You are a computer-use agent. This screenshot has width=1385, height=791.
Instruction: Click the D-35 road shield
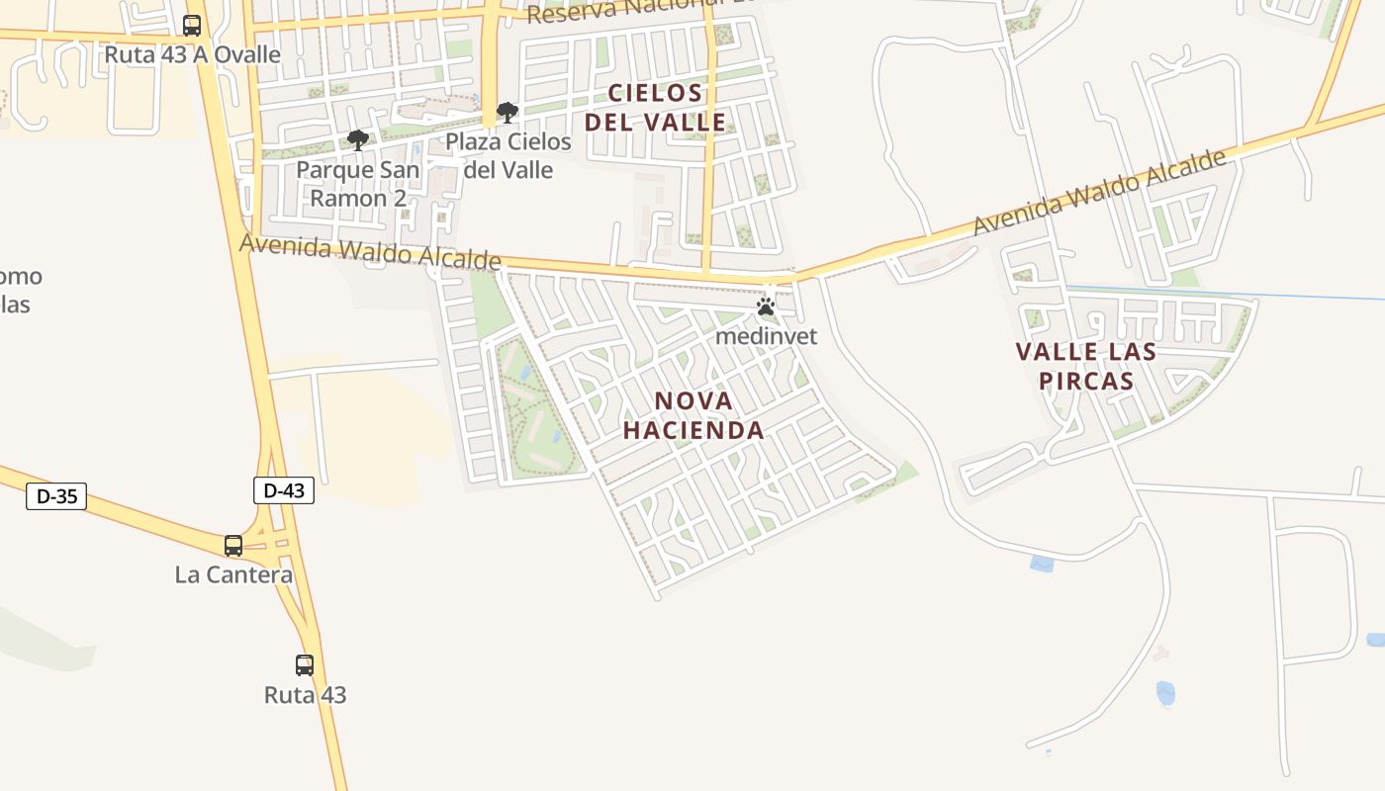(56, 496)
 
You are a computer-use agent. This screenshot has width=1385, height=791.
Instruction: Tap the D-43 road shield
(284, 490)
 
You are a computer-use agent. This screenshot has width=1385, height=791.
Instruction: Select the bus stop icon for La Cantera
(233, 545)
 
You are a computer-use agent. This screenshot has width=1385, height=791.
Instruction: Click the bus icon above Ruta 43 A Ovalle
(192, 26)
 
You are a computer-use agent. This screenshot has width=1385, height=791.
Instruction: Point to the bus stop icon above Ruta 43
(305, 664)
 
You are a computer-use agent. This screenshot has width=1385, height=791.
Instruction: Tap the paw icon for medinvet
(766, 308)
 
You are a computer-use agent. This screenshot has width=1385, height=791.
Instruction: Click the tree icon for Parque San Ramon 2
(358, 140)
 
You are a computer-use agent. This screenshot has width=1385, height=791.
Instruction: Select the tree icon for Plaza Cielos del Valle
(508, 113)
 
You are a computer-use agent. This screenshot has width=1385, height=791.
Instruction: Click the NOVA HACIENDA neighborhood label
(707, 415)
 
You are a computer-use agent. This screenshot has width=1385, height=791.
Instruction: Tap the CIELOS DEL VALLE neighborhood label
(655, 108)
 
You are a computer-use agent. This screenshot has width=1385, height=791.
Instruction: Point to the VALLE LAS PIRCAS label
(1086, 366)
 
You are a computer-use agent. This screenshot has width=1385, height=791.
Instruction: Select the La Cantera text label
(233, 574)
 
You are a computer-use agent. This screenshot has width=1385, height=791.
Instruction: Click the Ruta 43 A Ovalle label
(193, 54)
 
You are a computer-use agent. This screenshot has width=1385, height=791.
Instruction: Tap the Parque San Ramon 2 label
(358, 184)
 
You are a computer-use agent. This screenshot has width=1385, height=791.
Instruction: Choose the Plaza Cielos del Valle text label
(508, 155)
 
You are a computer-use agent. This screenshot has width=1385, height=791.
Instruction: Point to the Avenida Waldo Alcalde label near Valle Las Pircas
(1099, 194)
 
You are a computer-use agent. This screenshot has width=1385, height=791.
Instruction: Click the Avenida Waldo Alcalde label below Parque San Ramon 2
(371, 251)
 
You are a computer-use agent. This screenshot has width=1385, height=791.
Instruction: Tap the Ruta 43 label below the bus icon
(305, 695)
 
